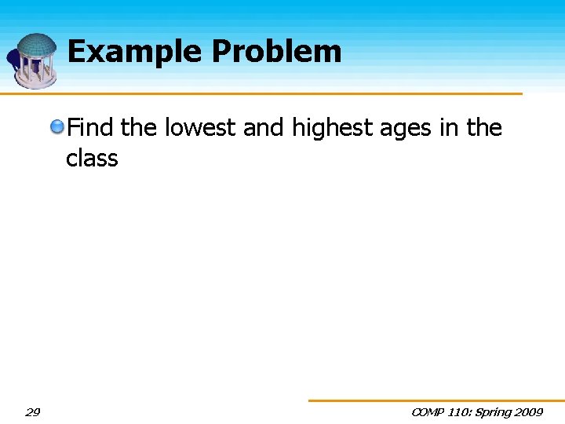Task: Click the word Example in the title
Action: pyautogui.click(x=135, y=53)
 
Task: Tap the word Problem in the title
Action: pyautogui.click(x=276, y=53)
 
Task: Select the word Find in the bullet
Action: pyautogui.click(x=90, y=127)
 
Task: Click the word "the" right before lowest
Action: pyautogui.click(x=139, y=127)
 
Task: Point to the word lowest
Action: pyautogui.click(x=200, y=127)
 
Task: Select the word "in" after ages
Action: pyautogui.click(x=451, y=127)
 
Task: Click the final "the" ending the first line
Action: pyautogui.click(x=484, y=127)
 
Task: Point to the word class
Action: pyautogui.click(x=92, y=158)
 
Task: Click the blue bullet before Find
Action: pyautogui.click(x=58, y=126)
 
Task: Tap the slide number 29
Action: pyautogui.click(x=33, y=412)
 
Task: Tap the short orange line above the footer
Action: pyautogui.click(x=436, y=400)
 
